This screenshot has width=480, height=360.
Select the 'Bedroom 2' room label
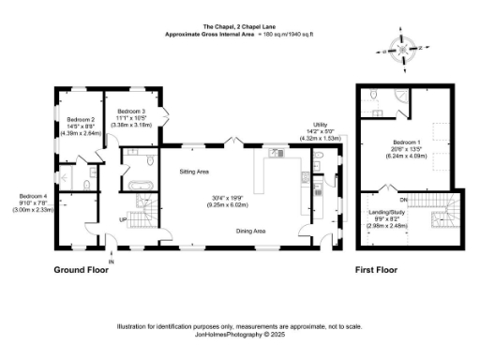[80, 119]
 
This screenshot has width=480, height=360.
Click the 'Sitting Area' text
[193, 172]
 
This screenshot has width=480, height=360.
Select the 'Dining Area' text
[254, 231]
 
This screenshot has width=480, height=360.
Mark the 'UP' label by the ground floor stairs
[121, 221]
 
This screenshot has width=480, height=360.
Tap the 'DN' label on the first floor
[403, 200]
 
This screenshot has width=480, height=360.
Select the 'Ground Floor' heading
[81, 269]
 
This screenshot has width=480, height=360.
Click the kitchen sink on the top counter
[276, 151]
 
